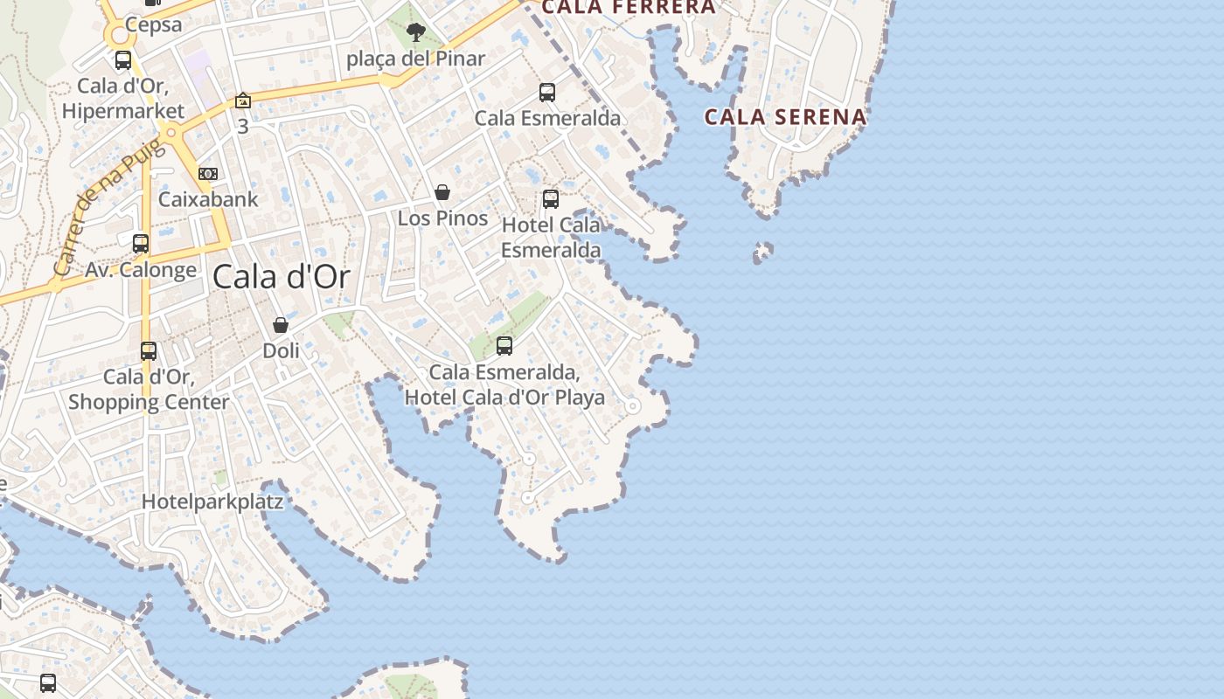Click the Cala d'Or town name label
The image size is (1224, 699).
pos(281,277)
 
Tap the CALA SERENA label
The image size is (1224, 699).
pos(785,116)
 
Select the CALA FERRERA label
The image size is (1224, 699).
pos(628,8)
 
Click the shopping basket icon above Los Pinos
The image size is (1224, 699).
pos(442,192)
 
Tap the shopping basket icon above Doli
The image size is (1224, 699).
pos(281,325)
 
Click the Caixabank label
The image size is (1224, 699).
pos(208,199)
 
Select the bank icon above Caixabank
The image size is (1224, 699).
pos(208,174)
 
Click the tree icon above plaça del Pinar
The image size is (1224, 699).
pos(415,33)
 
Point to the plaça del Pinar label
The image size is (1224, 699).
pos(415,59)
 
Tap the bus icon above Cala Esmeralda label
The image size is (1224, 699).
pos(547,92)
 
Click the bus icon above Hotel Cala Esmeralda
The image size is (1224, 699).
pos(551,199)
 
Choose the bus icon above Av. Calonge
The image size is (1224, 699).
pos(141,244)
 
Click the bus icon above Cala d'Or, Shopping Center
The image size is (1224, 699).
pos(149,351)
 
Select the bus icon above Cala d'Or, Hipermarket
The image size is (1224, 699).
pos(123,60)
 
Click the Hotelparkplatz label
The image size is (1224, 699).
pos(212,502)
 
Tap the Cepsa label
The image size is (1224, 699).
pos(153,24)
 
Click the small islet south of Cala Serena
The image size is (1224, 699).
pos(762,253)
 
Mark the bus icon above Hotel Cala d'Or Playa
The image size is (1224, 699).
pos(504,345)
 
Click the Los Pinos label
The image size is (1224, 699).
pos(442,218)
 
